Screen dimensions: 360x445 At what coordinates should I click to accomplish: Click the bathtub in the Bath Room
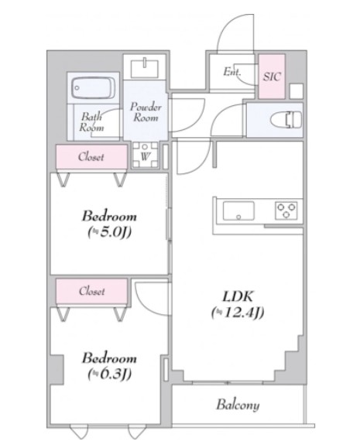click(x=94, y=87)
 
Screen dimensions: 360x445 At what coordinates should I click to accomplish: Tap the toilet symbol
click(x=286, y=120)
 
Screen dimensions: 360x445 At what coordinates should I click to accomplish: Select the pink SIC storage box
click(x=272, y=77)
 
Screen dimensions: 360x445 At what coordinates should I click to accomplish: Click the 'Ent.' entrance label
click(x=232, y=71)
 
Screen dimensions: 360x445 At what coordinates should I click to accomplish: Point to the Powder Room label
click(x=146, y=112)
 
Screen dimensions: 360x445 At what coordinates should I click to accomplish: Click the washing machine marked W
click(x=145, y=155)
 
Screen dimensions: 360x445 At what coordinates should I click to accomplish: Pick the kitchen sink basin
click(x=238, y=211)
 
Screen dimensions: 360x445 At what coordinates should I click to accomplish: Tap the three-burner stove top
click(x=286, y=211)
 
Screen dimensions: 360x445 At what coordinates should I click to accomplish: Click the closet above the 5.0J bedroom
click(x=91, y=156)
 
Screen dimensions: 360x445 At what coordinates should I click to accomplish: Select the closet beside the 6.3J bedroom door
click(x=91, y=291)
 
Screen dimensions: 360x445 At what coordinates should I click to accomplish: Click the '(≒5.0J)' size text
click(x=109, y=232)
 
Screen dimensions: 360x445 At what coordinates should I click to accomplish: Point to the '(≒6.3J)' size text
click(x=109, y=374)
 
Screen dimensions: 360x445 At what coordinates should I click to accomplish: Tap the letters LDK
click(x=238, y=296)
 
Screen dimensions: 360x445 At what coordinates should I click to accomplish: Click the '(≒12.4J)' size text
click(x=238, y=313)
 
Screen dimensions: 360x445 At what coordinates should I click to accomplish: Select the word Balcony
click(x=238, y=405)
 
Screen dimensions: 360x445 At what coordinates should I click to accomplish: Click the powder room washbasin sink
click(x=145, y=68)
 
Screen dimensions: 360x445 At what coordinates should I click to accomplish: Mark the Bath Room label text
click(x=91, y=122)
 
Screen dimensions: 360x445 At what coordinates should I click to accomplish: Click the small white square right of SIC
click(x=296, y=91)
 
